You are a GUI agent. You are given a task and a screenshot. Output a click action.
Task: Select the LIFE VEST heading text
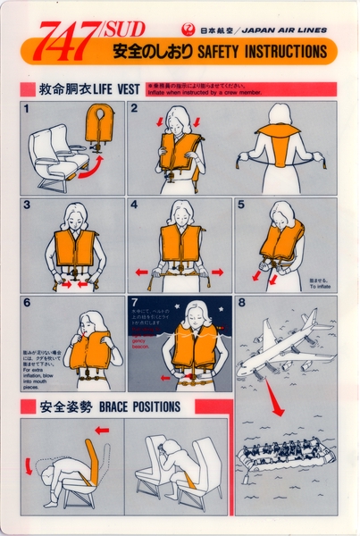[x=115, y=89]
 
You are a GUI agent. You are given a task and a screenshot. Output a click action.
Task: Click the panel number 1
[x=27, y=109]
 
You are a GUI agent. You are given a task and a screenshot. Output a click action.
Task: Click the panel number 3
[x=27, y=205]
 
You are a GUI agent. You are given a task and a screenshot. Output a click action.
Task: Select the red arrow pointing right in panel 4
[x=217, y=272]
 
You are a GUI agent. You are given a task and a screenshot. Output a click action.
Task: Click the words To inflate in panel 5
[x=320, y=286]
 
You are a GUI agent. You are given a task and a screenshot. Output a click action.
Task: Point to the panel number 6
[x=27, y=304]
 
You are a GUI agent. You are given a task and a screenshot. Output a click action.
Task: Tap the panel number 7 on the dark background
[x=134, y=304]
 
